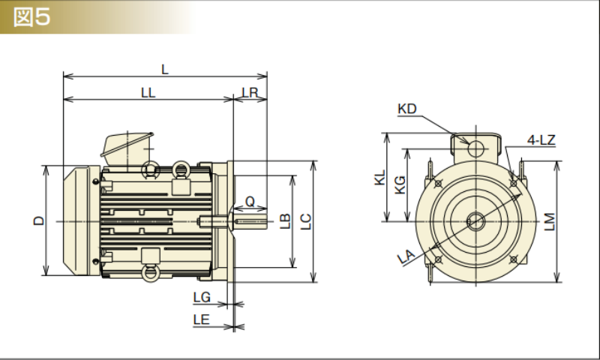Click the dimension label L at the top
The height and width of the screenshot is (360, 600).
pyautogui.click(x=165, y=69)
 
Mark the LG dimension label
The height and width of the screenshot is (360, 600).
pyautogui.click(x=202, y=298)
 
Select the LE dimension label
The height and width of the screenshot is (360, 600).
pyautogui.click(x=201, y=320)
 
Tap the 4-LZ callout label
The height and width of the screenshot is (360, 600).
pyautogui.click(x=540, y=140)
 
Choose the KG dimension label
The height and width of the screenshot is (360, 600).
pyautogui.click(x=400, y=184)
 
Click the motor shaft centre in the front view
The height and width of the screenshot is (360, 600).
pyautogui.click(x=475, y=220)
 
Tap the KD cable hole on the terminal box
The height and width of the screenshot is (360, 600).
pyautogui.click(x=475, y=148)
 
